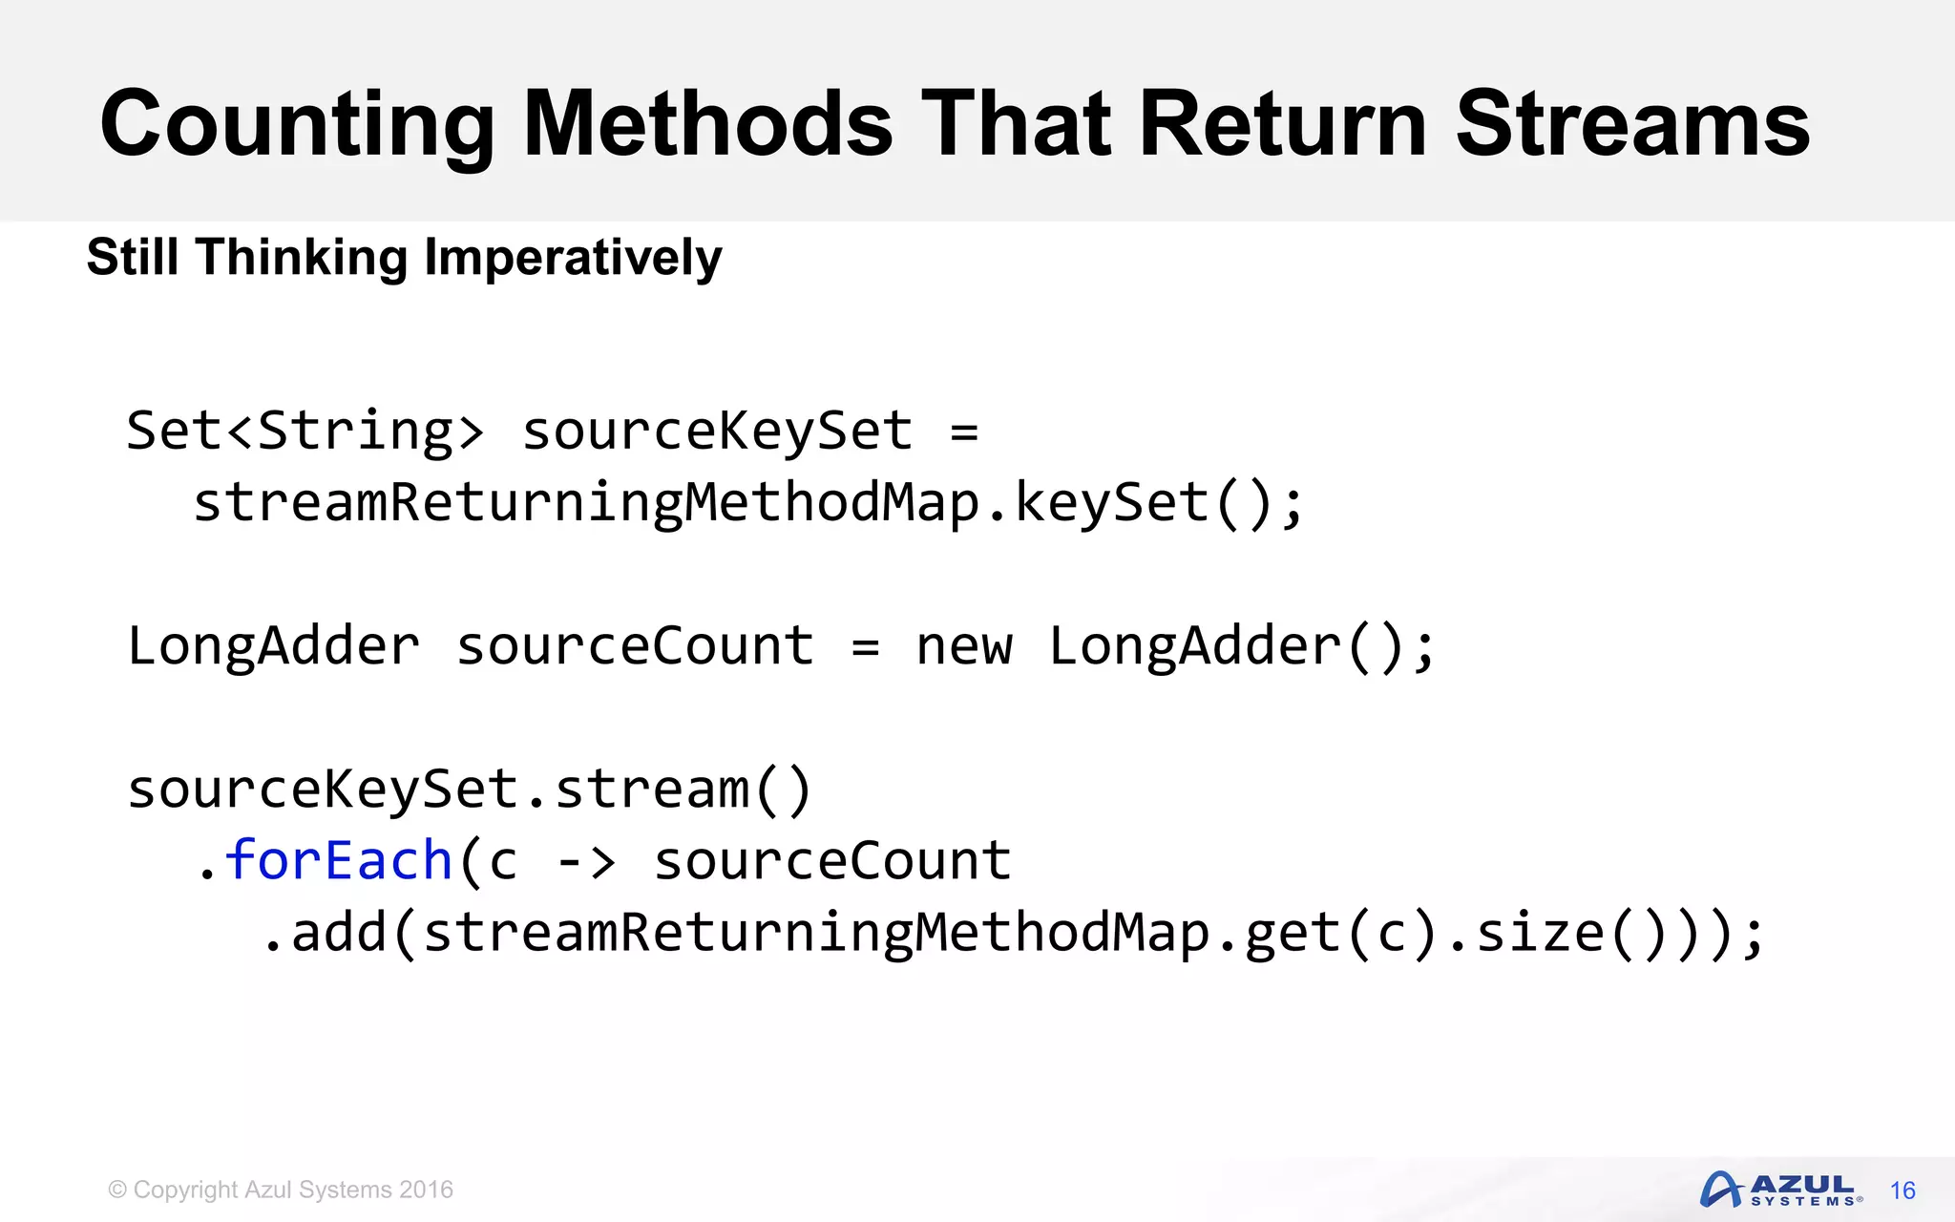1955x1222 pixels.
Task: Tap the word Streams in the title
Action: click(x=1632, y=124)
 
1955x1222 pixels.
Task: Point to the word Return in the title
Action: click(x=1283, y=124)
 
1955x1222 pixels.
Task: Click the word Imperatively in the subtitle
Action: click(x=573, y=258)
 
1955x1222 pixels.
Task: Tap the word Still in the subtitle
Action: click(x=133, y=258)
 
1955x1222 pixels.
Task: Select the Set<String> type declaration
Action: click(x=305, y=431)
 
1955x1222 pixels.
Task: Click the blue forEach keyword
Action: click(x=339, y=860)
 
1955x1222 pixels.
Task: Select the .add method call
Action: click(x=325, y=933)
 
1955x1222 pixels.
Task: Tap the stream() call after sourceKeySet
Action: click(x=683, y=790)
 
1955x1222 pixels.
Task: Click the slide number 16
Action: click(x=1902, y=1190)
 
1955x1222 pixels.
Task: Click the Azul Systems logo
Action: click(x=1780, y=1190)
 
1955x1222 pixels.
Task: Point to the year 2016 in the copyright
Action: click(x=426, y=1190)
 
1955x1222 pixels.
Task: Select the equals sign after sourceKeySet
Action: click(x=964, y=432)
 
